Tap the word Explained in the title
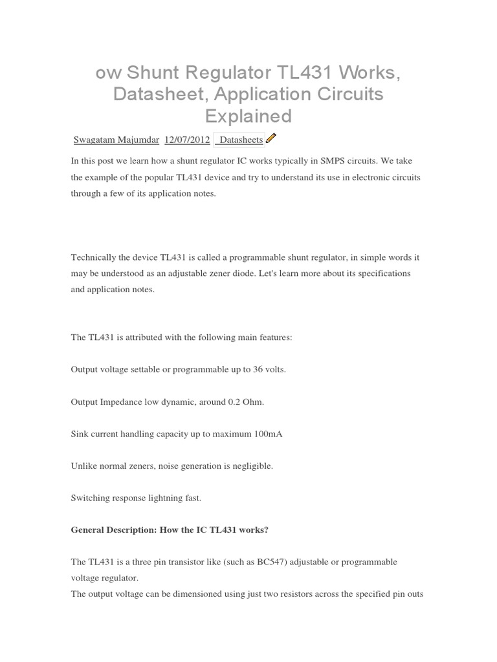pyautogui.click(x=248, y=116)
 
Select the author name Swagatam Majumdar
pyautogui.click(x=116, y=140)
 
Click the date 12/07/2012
pyautogui.click(x=187, y=140)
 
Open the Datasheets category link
pyautogui.click(x=240, y=140)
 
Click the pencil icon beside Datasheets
pyautogui.click(x=271, y=138)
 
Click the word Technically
pyautogui.click(x=94, y=257)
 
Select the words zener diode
pyautogui.click(x=257, y=273)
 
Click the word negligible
pyautogui.click(x=251, y=466)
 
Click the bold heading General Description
pyautogui.click(x=111, y=530)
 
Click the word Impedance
pyautogui.click(x=120, y=402)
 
